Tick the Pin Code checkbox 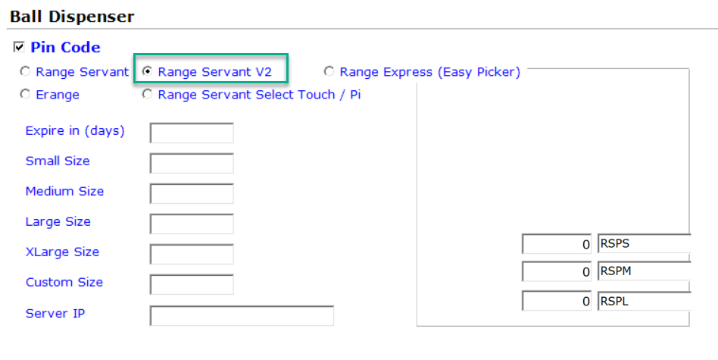(x=19, y=47)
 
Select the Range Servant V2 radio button (x=147, y=71)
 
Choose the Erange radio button (x=25, y=94)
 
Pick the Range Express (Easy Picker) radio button (x=329, y=71)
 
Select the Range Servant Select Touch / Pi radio (x=147, y=94)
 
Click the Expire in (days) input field (x=192, y=133)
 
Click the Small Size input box (x=192, y=163)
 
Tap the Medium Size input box (x=192, y=193)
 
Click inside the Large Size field (x=192, y=224)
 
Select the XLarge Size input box (x=192, y=254)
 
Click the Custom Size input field (x=192, y=284)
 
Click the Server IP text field (x=242, y=315)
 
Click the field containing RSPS (x=644, y=244)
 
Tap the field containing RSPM (x=644, y=271)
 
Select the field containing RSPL (x=644, y=301)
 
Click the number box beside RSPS (x=557, y=244)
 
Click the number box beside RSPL (x=557, y=301)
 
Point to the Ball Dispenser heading (x=73, y=17)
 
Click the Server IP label (x=55, y=313)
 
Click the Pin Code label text (x=65, y=47)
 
